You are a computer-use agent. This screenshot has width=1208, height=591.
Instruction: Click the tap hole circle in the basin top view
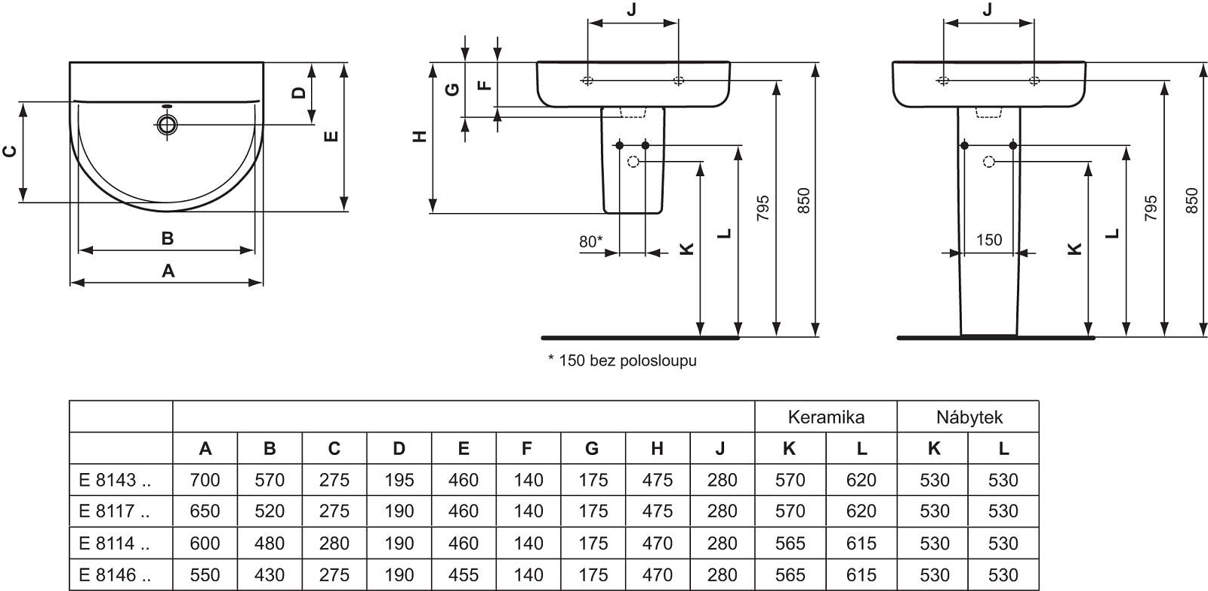(x=167, y=124)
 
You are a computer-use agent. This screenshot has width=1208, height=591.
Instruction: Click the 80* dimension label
(x=590, y=242)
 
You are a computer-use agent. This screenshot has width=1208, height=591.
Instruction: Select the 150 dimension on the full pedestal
(x=989, y=240)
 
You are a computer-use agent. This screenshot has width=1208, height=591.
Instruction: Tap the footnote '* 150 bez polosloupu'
(x=622, y=360)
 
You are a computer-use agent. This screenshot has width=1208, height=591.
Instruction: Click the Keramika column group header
(x=826, y=416)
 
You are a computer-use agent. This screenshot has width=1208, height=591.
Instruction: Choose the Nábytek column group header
(x=969, y=416)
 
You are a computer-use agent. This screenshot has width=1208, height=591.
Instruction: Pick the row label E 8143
(x=114, y=480)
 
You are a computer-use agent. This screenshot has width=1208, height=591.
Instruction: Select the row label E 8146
(x=114, y=575)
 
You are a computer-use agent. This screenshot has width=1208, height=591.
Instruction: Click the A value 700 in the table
(x=205, y=480)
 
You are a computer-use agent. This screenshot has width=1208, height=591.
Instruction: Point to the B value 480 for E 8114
(x=270, y=543)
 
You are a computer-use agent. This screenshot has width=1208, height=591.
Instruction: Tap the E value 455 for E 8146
(x=463, y=575)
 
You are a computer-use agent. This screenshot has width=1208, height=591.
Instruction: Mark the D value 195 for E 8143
(x=399, y=480)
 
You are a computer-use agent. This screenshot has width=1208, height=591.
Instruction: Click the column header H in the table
(x=657, y=448)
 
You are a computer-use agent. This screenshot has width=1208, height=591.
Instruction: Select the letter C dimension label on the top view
(x=10, y=151)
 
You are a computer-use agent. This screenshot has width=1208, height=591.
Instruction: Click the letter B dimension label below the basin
(x=168, y=238)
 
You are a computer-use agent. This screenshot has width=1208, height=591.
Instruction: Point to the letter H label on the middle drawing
(x=421, y=137)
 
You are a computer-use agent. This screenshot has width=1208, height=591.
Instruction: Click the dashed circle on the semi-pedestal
(x=633, y=161)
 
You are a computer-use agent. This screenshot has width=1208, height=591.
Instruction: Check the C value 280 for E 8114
(x=334, y=543)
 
